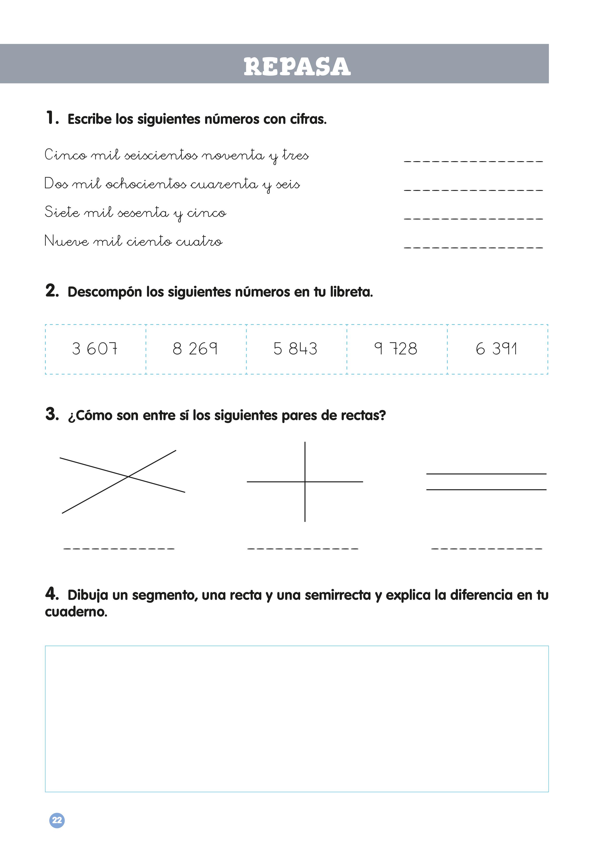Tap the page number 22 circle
click(x=57, y=820)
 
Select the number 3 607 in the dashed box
click(x=95, y=349)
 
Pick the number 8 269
click(x=195, y=349)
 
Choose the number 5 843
click(x=295, y=349)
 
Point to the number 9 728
click(x=396, y=349)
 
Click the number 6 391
click(x=497, y=349)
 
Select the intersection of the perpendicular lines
click(x=305, y=481)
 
